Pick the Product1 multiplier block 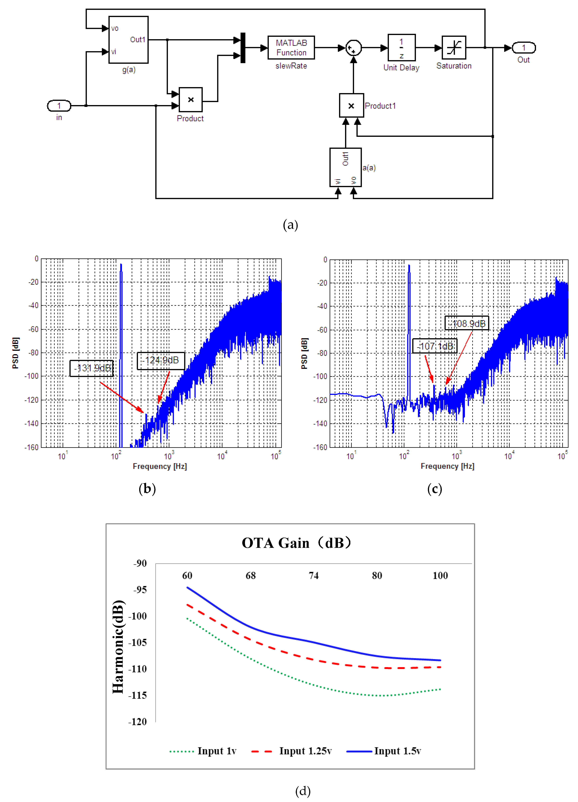click(x=351, y=105)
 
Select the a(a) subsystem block click(x=345, y=167)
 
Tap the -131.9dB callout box click(x=92, y=368)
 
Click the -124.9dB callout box click(x=161, y=360)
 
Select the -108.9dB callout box click(x=467, y=323)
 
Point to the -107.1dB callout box click(x=435, y=346)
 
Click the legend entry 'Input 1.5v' click(x=397, y=750)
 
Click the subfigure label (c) click(x=434, y=489)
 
